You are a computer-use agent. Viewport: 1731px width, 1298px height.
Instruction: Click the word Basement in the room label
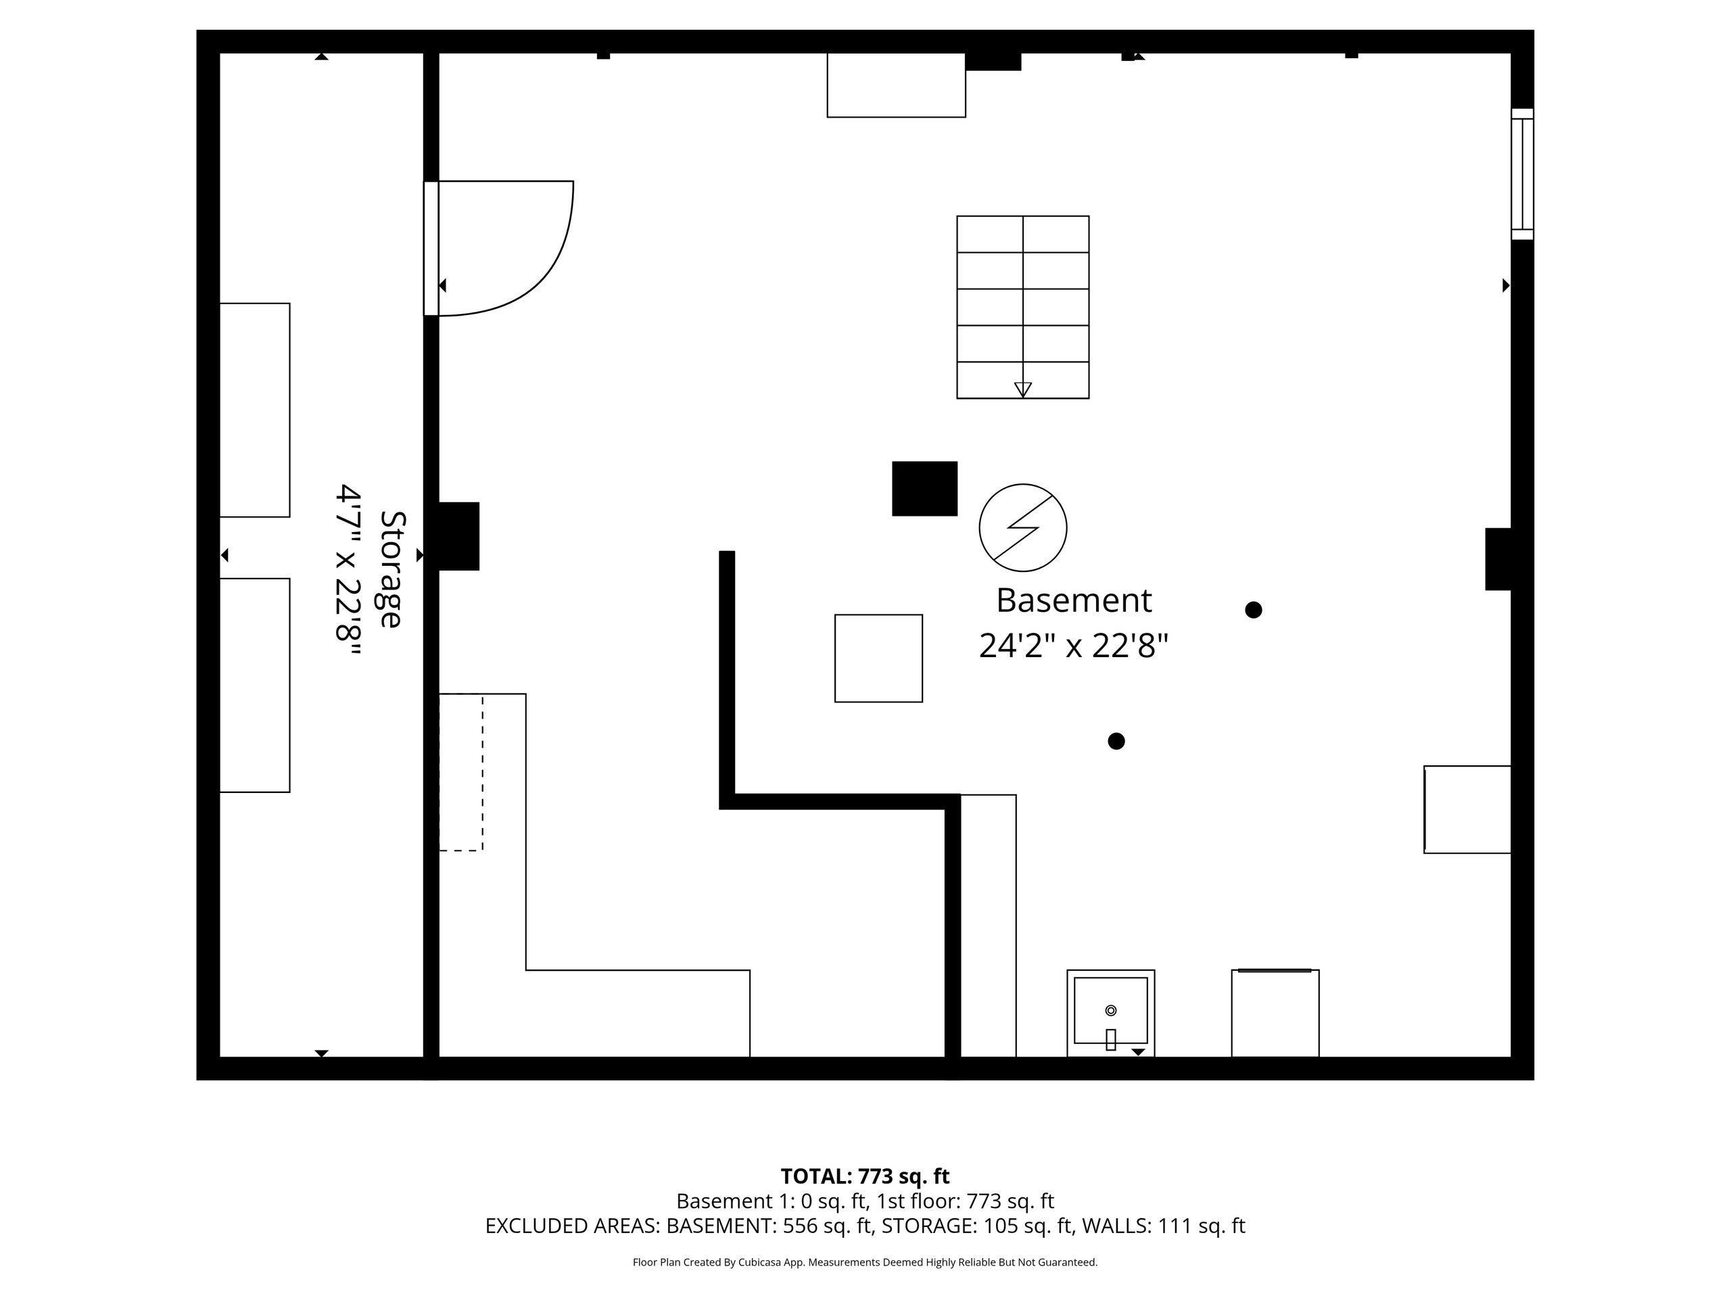click(1074, 601)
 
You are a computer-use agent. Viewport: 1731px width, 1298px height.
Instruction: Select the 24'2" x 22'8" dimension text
click(1074, 646)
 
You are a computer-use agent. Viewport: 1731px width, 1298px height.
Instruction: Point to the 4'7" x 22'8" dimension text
click(348, 573)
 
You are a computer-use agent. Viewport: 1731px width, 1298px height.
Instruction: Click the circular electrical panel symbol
click(1023, 527)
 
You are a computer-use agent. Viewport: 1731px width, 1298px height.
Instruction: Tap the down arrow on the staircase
click(1023, 389)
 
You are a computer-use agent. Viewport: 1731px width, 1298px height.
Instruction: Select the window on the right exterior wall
click(1522, 174)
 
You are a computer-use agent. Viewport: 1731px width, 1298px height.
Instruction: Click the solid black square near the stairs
click(925, 488)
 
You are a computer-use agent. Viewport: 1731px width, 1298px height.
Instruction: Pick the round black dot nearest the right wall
click(1254, 610)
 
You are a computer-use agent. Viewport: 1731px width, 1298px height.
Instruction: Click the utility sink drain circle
click(1110, 1011)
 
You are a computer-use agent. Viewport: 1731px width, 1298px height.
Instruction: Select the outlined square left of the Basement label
click(879, 658)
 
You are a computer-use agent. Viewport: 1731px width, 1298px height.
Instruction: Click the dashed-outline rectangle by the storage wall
click(461, 772)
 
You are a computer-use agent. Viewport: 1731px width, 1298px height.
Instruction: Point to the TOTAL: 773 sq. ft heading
click(865, 1176)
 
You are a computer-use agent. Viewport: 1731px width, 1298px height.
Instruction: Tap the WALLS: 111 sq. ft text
click(1164, 1225)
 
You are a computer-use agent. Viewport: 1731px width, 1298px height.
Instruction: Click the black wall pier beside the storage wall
click(458, 536)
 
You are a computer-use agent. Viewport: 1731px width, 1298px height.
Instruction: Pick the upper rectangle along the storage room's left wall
click(254, 410)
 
